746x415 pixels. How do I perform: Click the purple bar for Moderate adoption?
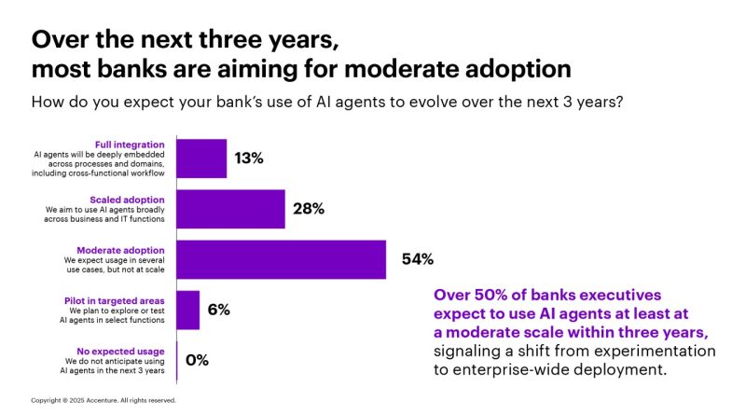281,259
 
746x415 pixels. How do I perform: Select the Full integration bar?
201,159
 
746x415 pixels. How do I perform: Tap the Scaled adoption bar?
230,209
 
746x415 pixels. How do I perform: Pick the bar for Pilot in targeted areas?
187,310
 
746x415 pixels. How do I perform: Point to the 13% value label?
249,159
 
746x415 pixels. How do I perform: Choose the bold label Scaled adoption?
131,200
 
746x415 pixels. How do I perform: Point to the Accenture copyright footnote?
104,400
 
